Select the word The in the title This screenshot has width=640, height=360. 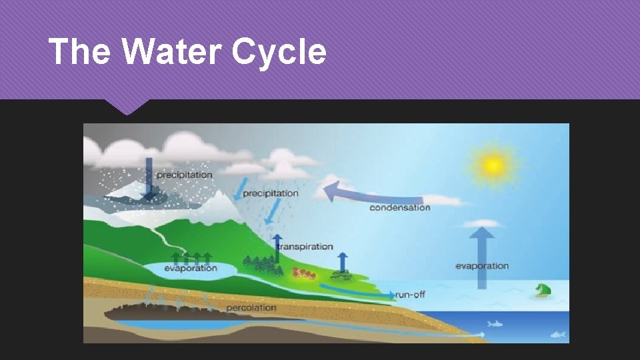(79, 51)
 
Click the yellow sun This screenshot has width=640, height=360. (493, 163)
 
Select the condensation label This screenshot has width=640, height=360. (399, 207)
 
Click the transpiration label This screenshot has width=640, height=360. (305, 247)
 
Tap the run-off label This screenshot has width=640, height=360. (410, 294)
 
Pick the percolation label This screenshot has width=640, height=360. (251, 308)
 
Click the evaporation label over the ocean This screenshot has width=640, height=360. (482, 266)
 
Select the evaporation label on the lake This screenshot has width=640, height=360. (191, 268)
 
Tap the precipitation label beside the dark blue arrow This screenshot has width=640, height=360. (184, 175)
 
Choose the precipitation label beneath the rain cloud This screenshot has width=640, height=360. (270, 193)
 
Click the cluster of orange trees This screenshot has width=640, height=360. (303, 273)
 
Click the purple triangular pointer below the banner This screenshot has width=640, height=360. (127, 106)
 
